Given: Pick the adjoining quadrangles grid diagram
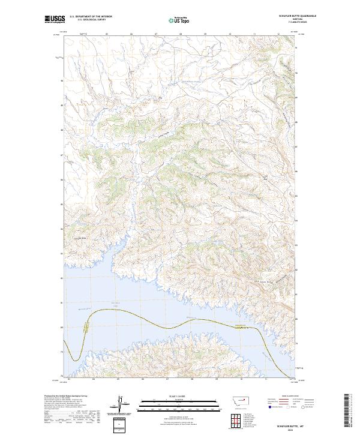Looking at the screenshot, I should pyautogui.click(x=236, y=418).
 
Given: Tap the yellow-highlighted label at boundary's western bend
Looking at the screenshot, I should pyautogui.click(x=87, y=328).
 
